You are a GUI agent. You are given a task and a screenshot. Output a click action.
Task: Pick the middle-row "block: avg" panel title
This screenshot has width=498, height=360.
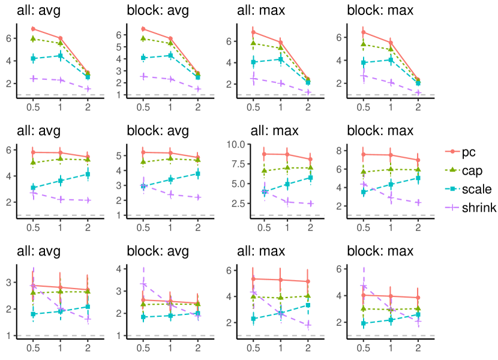(x=158, y=131)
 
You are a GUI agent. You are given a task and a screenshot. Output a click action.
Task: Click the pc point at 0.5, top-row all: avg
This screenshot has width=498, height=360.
(x=33, y=29)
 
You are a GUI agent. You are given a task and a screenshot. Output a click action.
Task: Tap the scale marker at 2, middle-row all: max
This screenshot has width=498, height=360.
(x=310, y=178)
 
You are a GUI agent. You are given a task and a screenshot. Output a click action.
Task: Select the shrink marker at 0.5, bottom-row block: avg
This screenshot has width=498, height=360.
(x=143, y=284)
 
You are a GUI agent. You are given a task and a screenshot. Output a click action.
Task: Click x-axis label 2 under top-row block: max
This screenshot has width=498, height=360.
(x=418, y=106)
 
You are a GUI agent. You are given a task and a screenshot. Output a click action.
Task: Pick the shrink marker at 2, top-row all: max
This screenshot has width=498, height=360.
(x=308, y=92)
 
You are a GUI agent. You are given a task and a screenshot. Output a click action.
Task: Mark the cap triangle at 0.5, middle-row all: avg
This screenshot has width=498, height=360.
(x=33, y=163)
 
